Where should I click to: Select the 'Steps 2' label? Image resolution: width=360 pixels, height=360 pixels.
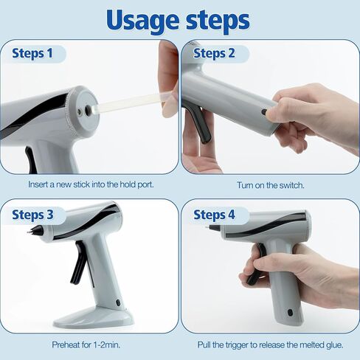click(x=214, y=54)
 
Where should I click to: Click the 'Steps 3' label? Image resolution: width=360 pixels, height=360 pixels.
click(x=32, y=215)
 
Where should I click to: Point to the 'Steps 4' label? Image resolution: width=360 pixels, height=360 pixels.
click(x=214, y=215)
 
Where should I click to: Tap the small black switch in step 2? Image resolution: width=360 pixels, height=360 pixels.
click(x=263, y=112)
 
